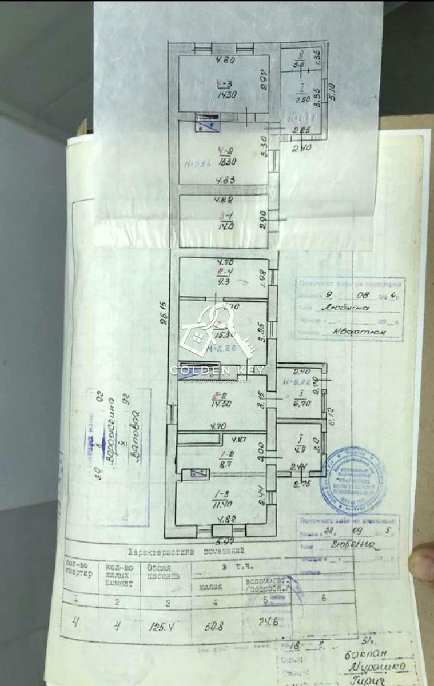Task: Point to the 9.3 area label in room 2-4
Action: coord(220,281)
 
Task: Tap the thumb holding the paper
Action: coord(424,562)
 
